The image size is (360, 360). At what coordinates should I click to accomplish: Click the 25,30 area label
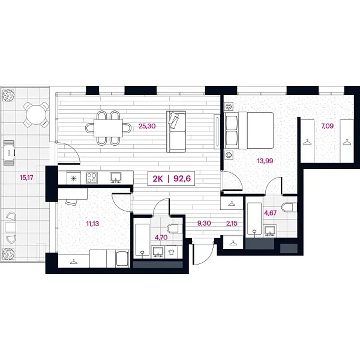tap(147, 126)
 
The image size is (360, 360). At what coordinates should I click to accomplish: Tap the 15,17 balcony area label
tap(26, 178)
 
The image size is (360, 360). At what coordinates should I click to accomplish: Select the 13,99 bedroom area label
tap(265, 161)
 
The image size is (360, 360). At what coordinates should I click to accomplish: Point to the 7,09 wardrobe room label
tap(328, 126)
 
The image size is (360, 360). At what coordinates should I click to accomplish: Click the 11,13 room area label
tap(92, 223)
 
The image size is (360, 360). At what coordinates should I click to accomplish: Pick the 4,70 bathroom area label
tap(161, 238)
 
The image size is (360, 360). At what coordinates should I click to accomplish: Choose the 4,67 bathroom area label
tap(270, 213)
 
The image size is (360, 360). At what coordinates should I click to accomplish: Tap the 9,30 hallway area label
tap(204, 223)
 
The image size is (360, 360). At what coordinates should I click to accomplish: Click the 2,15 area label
tap(232, 223)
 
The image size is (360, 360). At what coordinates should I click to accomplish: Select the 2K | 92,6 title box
tap(171, 178)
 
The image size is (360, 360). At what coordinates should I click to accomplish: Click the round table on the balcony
tap(35, 115)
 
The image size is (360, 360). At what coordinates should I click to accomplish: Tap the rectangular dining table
tap(108, 128)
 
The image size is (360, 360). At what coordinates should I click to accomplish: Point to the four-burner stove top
tap(92, 178)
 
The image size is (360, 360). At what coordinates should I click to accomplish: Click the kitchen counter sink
tap(116, 178)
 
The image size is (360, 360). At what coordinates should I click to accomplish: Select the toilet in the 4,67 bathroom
tap(289, 208)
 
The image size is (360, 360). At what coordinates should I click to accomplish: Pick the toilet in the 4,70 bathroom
tap(175, 229)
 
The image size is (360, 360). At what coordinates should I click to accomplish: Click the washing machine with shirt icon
tap(171, 252)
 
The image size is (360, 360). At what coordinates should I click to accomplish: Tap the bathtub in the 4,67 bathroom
tap(254, 220)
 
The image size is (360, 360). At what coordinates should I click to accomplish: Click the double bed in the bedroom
tap(249, 130)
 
